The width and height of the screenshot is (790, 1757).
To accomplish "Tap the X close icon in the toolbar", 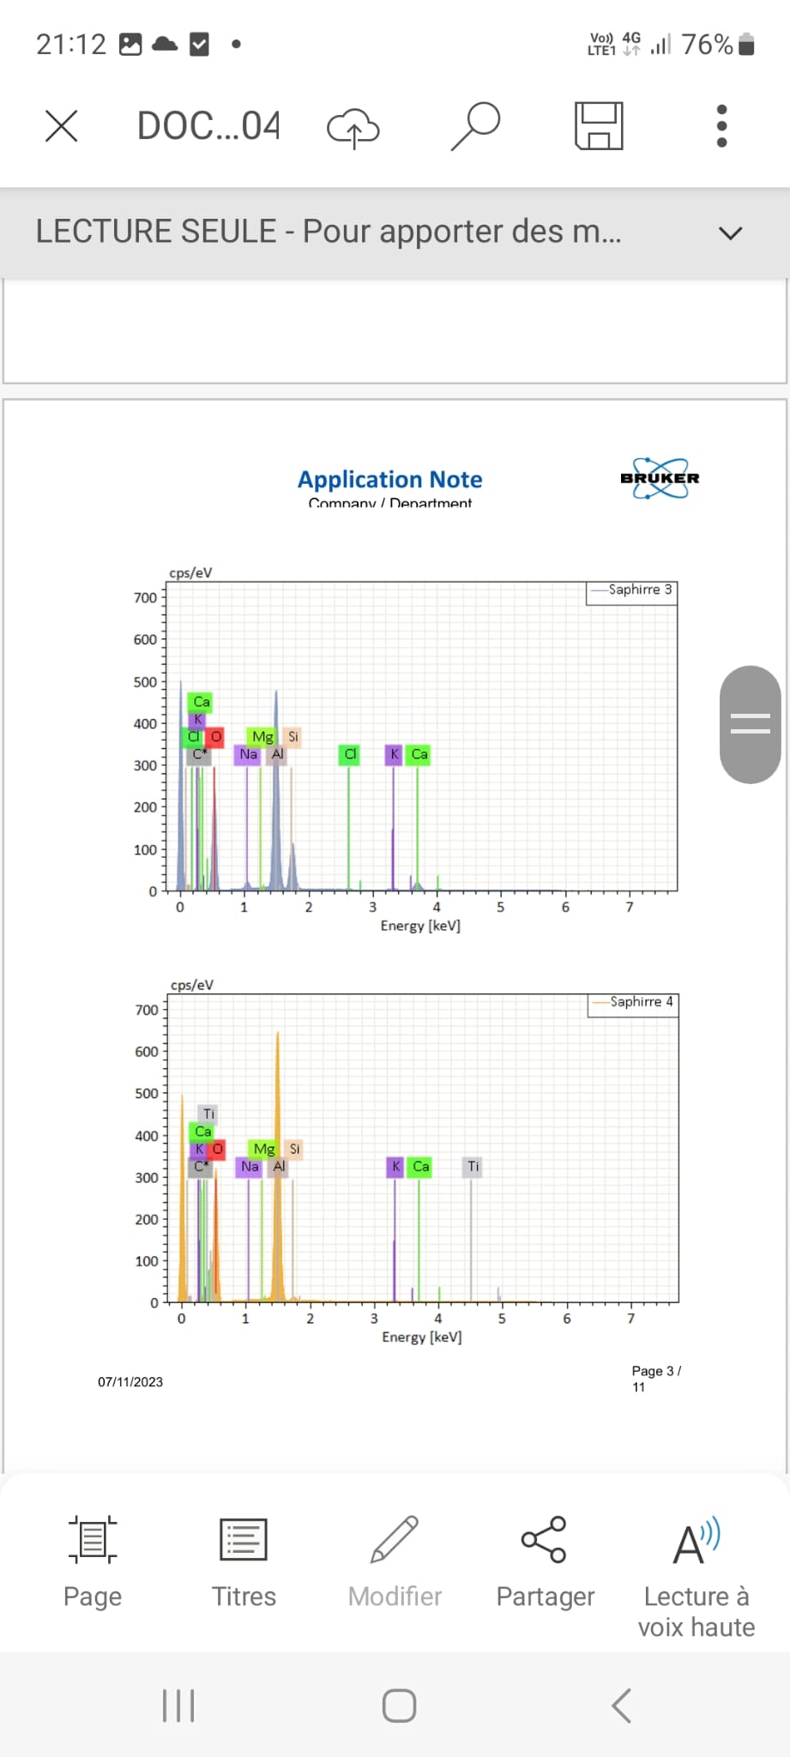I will pos(61,126).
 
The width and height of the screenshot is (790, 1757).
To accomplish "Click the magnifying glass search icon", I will pos(475,125).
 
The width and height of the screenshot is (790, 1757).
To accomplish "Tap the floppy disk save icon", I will pos(599,126).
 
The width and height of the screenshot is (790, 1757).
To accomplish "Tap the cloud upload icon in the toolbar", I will pos(353,128).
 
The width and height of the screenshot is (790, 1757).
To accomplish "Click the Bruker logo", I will pos(660,478).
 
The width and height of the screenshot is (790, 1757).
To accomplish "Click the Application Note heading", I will pos(389,480).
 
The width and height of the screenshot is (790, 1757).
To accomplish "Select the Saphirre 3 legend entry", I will pos(632,590).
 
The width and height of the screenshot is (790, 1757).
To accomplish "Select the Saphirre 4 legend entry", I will pos(634,1002).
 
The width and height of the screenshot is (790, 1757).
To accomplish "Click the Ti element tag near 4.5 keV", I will pos(473,1167).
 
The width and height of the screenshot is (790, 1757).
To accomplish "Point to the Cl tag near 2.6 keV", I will pos(349,754).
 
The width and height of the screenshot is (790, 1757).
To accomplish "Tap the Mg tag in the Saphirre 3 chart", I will pos(262,737).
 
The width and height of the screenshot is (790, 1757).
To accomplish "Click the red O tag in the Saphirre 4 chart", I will pos(217,1149).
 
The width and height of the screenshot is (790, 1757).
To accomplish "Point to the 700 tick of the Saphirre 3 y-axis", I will pos(146,598).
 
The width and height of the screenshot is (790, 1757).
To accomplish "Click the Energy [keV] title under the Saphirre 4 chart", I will pos(421,1337).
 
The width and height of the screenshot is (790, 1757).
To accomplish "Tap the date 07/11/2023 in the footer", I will pos(130,1382).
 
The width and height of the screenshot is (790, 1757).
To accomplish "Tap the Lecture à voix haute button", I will pos(696,1576).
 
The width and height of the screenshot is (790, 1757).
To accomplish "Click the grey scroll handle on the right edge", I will pos(750,724).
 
